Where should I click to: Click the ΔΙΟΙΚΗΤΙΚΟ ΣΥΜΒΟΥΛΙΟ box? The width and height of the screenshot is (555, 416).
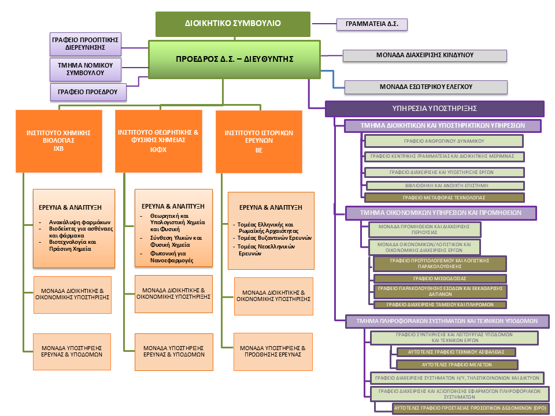pos(233,24)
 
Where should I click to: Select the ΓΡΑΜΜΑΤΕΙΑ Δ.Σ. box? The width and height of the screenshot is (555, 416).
pos(372,24)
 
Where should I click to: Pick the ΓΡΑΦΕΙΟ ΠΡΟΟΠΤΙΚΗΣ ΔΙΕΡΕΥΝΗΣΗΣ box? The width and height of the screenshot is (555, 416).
pos(85,44)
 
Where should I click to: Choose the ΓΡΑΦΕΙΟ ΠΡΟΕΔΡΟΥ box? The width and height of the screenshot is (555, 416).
pos(88,91)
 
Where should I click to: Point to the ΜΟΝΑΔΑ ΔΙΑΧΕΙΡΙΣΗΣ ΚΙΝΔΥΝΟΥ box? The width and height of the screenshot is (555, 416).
pos(425,55)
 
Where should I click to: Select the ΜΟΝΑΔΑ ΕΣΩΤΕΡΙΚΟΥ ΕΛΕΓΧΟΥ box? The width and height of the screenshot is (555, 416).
pos(426,87)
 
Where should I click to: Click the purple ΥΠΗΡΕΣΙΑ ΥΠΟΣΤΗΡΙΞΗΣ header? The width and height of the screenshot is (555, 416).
pos(434,109)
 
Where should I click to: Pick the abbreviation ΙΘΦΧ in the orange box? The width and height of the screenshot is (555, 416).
pos(158,148)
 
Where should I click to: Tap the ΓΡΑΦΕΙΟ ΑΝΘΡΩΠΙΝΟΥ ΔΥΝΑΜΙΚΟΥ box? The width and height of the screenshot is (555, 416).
pos(443,141)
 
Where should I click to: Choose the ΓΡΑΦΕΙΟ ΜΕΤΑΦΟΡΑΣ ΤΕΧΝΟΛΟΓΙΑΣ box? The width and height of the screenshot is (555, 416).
pos(445,197)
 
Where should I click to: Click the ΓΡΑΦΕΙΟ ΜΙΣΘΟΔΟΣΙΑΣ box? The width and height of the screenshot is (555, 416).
pos(440,278)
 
